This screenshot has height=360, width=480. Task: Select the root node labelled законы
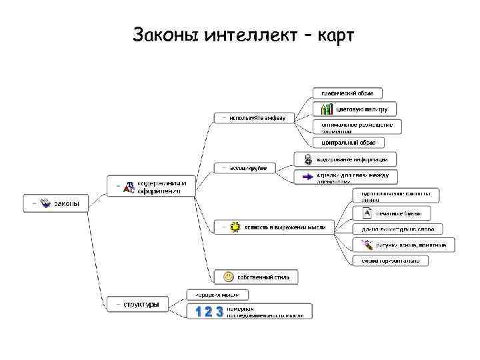tap(66, 203)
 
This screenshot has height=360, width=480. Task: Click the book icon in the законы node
tap(45, 203)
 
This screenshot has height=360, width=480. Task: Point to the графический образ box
tap(347, 93)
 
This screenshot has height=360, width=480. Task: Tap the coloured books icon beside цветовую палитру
tap(327, 109)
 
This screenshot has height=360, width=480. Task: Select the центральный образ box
tap(348, 142)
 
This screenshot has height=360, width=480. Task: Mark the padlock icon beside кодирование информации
tap(308, 160)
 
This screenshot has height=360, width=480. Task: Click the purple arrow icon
tap(308, 177)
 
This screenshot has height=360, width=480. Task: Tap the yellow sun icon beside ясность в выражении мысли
tap(235, 227)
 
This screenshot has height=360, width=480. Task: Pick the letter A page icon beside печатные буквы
tap(367, 213)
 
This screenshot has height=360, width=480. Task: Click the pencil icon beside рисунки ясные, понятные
tap(367, 245)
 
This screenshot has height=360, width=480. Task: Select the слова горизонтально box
tap(391, 261)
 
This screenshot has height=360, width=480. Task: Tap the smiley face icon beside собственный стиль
tap(229, 277)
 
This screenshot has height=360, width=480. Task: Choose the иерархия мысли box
tap(217, 294)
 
